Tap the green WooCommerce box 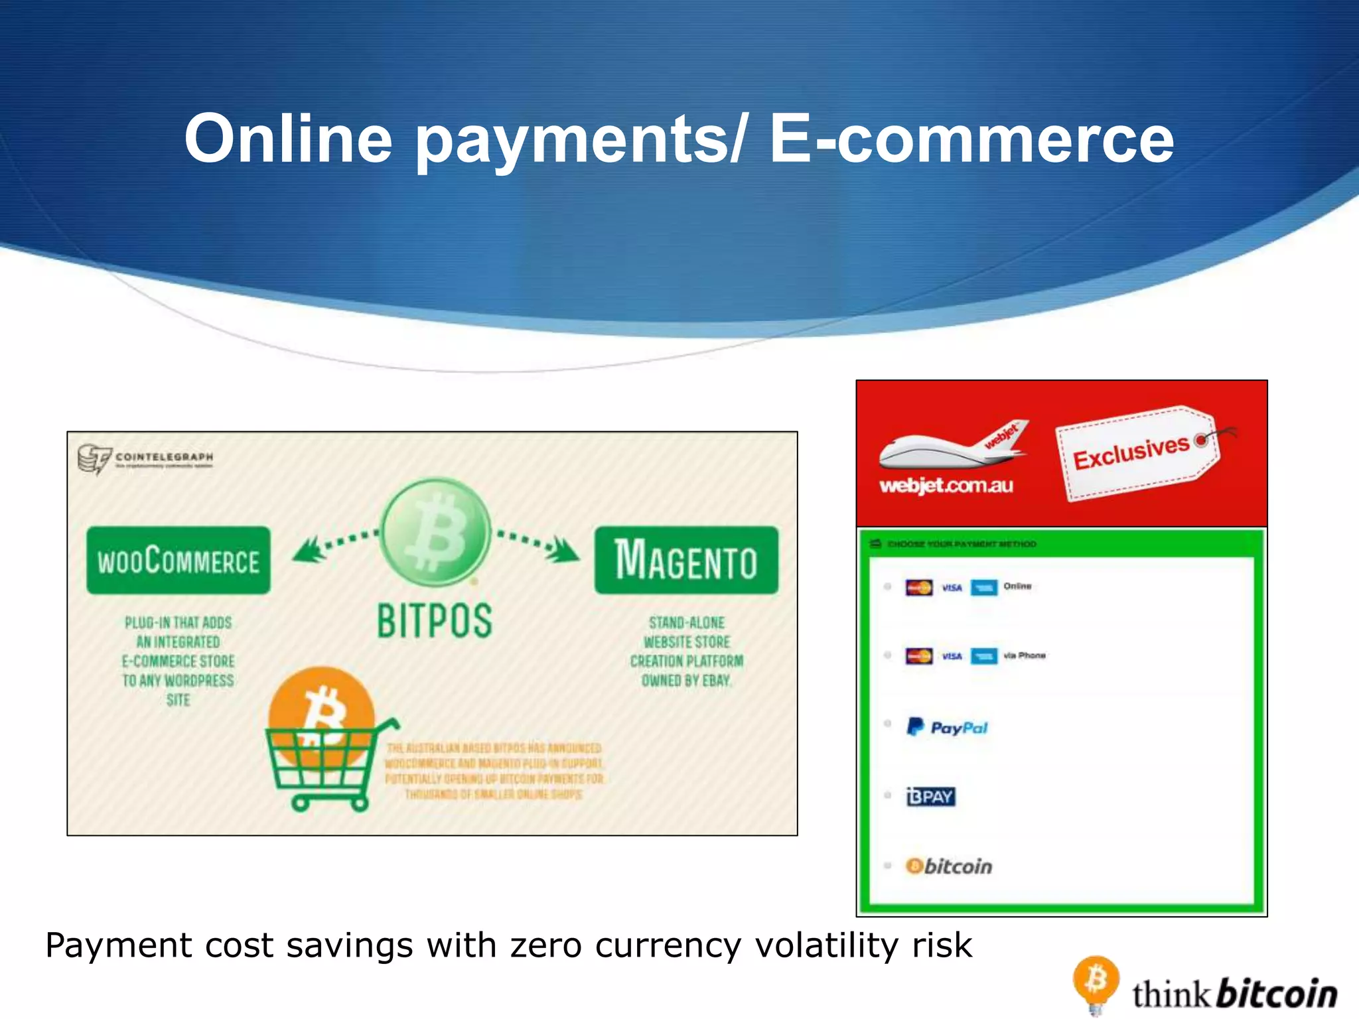[x=178, y=561]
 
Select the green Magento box [x=686, y=561]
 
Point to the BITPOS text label [x=435, y=621]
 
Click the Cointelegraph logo [x=146, y=458]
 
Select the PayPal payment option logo [x=947, y=728]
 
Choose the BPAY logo [x=930, y=796]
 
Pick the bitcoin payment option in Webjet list [x=949, y=866]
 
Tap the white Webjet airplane [x=952, y=446]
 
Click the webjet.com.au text [x=946, y=486]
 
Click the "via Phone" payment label [x=1025, y=655]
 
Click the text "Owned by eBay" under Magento [x=686, y=681]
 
